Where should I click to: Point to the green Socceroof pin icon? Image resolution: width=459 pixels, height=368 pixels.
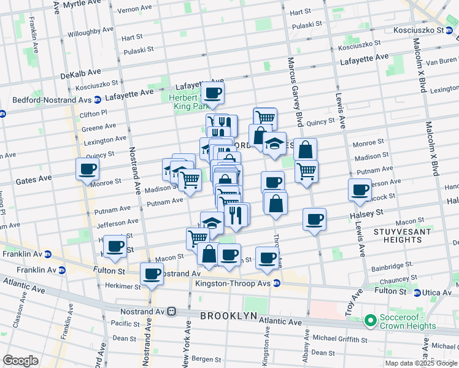click(x=370, y=320)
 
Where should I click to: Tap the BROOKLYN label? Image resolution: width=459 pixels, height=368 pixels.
click(x=228, y=315)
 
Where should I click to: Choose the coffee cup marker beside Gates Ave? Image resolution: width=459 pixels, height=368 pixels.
click(x=87, y=169)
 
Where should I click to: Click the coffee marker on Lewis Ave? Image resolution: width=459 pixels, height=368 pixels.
click(x=360, y=190)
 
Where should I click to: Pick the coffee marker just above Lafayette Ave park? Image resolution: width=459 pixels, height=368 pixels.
click(x=213, y=93)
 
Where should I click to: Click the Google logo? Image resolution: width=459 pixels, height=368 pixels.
click(x=20, y=361)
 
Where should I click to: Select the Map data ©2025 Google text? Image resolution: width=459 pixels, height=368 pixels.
click(x=421, y=363)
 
